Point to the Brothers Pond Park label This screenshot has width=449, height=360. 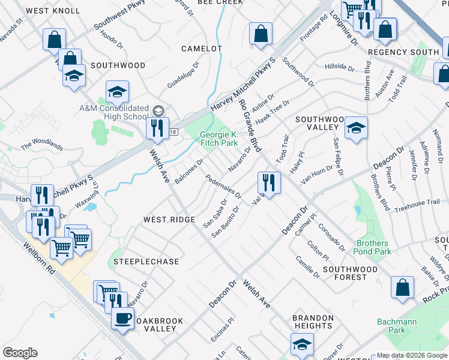coord(373,247)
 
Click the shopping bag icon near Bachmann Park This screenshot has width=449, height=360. coord(402,287)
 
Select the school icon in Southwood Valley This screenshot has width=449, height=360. coord(356,128)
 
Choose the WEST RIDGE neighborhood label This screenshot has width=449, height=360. coord(169,220)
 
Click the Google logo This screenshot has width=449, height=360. coord(20,353)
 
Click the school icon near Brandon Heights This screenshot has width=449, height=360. coord(302,344)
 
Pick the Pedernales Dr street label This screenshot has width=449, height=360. coord(223,187)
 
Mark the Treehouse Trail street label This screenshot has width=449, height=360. coord(421,206)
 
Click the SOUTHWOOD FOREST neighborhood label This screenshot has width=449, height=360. coord(353,273)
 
